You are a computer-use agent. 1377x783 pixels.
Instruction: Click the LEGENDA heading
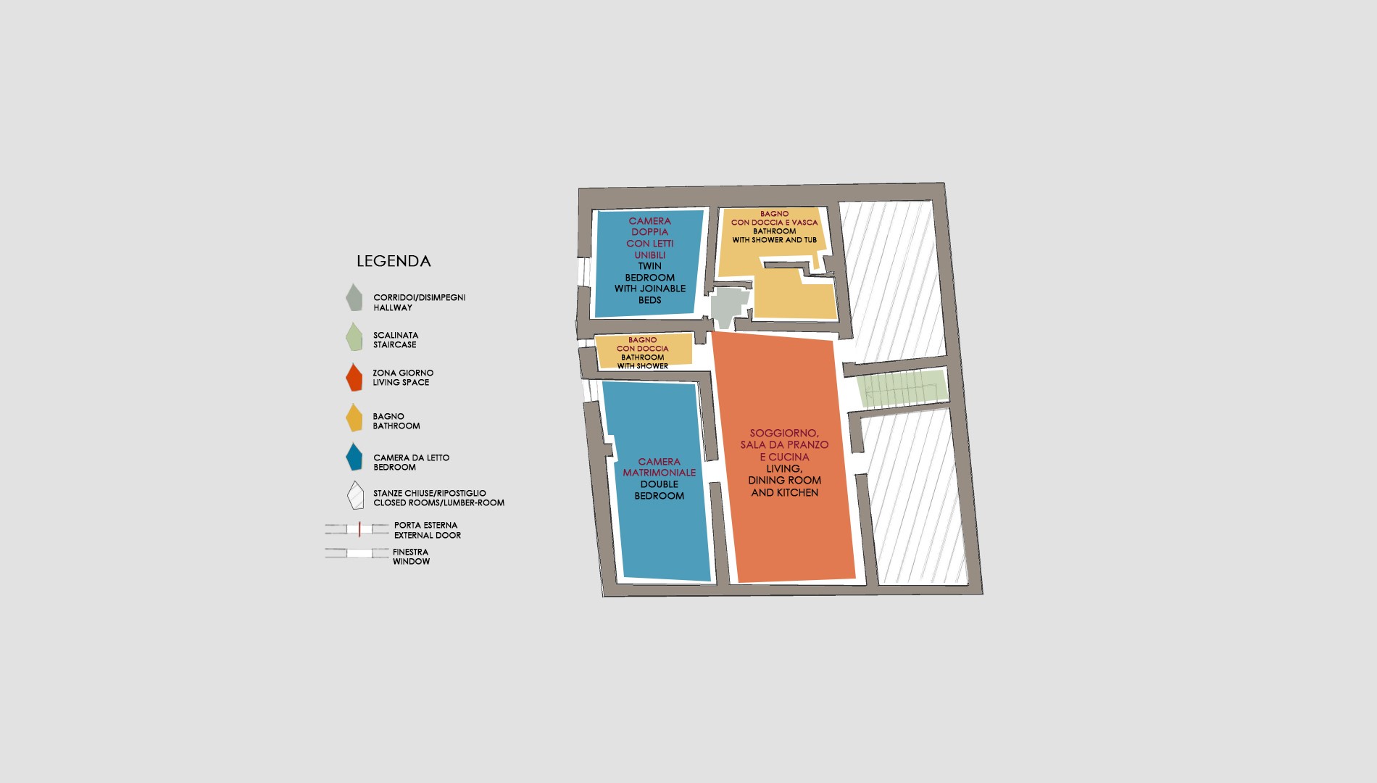pyautogui.click(x=394, y=261)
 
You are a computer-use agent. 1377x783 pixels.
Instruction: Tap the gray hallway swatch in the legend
pyautogui.click(x=354, y=298)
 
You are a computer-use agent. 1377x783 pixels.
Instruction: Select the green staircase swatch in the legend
pyautogui.click(x=354, y=337)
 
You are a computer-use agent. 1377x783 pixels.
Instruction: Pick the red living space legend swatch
pyautogui.click(x=354, y=377)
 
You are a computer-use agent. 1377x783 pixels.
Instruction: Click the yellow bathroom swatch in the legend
pyautogui.click(x=354, y=418)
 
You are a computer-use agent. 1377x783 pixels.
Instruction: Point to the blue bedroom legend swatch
pyautogui.click(x=354, y=457)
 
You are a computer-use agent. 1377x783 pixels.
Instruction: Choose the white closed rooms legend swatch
pyautogui.click(x=355, y=495)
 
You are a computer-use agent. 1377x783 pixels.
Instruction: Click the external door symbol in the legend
pyautogui.click(x=357, y=529)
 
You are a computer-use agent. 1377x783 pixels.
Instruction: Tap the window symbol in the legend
pyautogui.click(x=357, y=553)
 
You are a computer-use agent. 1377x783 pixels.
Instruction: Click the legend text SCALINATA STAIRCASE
pyautogui.click(x=396, y=340)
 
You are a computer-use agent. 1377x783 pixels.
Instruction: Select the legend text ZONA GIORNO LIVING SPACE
pyautogui.click(x=403, y=378)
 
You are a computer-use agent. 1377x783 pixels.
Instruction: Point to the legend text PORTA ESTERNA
pyautogui.click(x=425, y=525)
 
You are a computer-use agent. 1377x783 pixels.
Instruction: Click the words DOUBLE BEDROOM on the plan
pyautogui.click(x=660, y=490)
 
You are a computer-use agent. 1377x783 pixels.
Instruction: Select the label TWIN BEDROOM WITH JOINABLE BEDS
pyautogui.click(x=650, y=283)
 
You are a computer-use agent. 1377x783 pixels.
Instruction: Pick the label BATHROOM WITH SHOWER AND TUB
pyautogui.click(x=774, y=236)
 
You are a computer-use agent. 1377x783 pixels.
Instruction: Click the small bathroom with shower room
pyautogui.click(x=644, y=351)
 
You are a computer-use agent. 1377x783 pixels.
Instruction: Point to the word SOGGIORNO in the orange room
pyautogui.click(x=783, y=433)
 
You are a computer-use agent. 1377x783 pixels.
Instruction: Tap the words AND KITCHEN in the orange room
pyautogui.click(x=785, y=492)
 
